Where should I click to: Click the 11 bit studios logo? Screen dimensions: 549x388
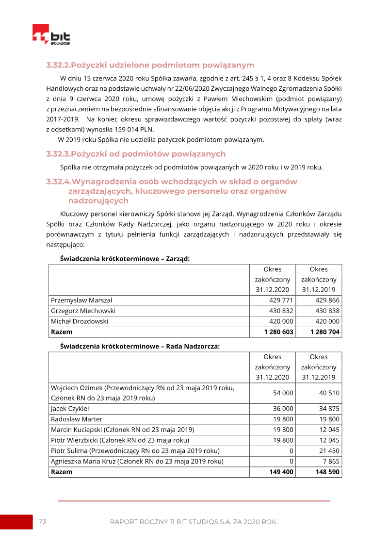(51, 35)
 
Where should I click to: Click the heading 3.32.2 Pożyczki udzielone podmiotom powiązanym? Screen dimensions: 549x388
(150, 65)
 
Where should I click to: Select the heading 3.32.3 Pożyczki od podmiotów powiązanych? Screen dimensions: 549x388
(136, 154)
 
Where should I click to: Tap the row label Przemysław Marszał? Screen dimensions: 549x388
(81, 300)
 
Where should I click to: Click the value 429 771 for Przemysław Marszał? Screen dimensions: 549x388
(281, 300)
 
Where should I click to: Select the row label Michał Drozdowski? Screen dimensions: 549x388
(80, 321)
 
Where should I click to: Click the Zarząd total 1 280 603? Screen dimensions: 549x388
(278, 332)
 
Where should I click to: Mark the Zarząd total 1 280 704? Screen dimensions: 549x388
(325, 332)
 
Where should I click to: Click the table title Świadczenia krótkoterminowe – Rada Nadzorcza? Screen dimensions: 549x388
(140, 347)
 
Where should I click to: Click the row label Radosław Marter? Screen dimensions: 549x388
(77, 419)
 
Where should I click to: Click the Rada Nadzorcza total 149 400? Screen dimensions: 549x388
(281, 472)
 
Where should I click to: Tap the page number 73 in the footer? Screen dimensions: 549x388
(42, 521)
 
